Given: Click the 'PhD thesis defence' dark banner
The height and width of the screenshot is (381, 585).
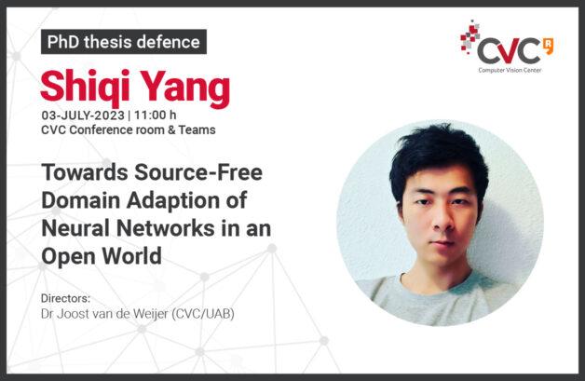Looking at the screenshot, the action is (x=124, y=42).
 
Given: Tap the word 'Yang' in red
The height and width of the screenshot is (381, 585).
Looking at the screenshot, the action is (x=184, y=88).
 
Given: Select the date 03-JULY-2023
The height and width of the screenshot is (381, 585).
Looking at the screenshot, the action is (x=83, y=116).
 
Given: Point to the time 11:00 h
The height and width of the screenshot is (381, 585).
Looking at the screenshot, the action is (x=156, y=116).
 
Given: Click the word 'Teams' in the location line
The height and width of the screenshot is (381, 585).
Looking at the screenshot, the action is (x=197, y=129).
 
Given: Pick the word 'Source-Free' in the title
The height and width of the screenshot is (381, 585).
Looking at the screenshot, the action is (x=198, y=172).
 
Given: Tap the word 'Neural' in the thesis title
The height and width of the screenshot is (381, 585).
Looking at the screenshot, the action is (x=76, y=228).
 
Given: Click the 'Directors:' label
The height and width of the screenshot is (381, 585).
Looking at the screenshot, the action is (x=65, y=298).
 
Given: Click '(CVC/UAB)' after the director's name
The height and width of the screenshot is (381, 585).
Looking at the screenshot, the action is (x=203, y=314).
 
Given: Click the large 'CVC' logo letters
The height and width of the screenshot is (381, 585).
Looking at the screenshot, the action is (x=509, y=51).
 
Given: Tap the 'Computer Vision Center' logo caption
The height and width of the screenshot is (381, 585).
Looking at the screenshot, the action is (x=510, y=70).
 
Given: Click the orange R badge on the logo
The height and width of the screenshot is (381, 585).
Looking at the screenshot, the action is (x=549, y=46).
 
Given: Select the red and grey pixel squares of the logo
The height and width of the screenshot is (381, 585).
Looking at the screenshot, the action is (x=470, y=36).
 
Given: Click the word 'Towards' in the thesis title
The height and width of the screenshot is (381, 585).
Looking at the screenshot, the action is (x=85, y=172).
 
